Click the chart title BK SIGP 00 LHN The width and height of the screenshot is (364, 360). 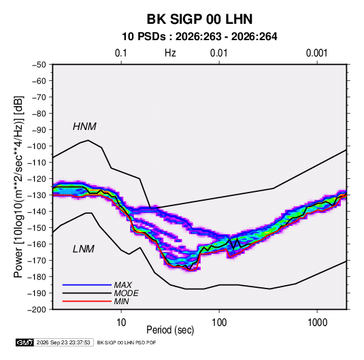[199, 19]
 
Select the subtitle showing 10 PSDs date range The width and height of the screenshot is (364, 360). [199, 37]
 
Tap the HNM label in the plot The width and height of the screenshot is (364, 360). [84, 127]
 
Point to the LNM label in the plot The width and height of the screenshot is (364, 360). [84, 249]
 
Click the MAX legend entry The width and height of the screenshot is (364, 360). [123, 284]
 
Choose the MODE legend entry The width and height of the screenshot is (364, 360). [127, 293]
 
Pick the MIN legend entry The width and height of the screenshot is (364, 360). [121, 301]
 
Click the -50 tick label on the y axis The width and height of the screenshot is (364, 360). [39, 65]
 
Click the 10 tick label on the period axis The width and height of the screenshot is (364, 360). [121, 323]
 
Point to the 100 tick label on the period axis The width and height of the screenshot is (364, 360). [219, 323]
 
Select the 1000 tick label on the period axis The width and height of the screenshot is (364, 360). [317, 323]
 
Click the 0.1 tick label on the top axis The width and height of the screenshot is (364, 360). [121, 53]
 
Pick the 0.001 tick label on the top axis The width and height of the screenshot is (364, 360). [317, 53]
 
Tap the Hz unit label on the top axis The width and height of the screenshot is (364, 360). [170, 53]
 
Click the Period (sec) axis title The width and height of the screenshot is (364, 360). [170, 330]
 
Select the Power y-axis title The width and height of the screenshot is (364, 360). [18, 187]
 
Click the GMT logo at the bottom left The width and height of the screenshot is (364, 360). [25, 342]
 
